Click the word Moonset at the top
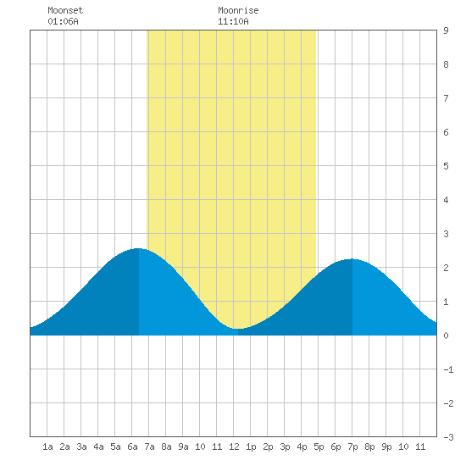pos(65,10)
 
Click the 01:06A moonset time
pos(63,21)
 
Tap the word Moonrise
pos(238,10)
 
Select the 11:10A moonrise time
pos(233,21)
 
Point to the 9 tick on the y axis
pos(446,31)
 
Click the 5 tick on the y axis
pos(446,166)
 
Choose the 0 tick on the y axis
pos(446,336)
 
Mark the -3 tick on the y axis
pos(448,437)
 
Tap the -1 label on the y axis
pos(448,369)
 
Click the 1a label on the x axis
pos(47,447)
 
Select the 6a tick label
pos(132,447)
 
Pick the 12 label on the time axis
pos(234,447)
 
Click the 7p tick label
pos(352,447)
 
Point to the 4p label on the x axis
pos(302,447)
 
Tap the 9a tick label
pos(183,447)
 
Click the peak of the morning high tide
pos(138,248)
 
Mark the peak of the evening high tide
pos(352,259)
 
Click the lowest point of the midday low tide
pos(237,329)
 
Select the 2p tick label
pos(268,447)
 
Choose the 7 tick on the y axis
pos(446,98)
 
